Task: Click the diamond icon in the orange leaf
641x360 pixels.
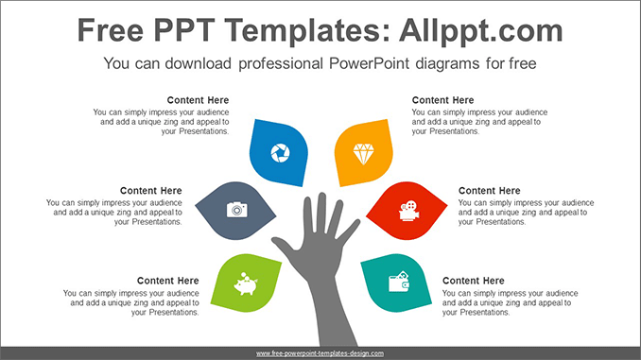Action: click(363, 152)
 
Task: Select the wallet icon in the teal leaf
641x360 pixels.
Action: click(399, 282)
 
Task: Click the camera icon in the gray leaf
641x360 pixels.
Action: click(236, 209)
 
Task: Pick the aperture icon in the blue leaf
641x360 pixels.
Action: click(280, 152)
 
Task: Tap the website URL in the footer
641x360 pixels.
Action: click(320, 353)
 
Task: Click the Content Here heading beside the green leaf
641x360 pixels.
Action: click(167, 281)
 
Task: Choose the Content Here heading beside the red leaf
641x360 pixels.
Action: click(489, 191)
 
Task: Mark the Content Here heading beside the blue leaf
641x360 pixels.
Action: click(198, 100)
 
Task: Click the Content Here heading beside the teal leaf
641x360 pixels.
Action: click(473, 281)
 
